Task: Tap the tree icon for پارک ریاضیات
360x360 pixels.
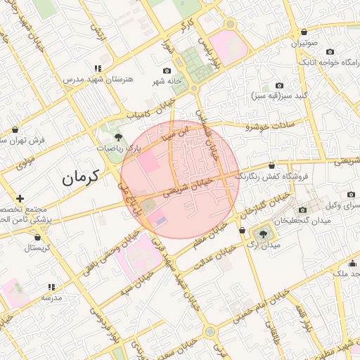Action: pyautogui.click(x=117, y=137)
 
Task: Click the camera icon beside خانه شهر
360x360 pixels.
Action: pyautogui.click(x=167, y=71)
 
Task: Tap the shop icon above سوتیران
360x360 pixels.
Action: pyautogui.click(x=304, y=32)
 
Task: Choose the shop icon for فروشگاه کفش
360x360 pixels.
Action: pyautogui.click(x=271, y=166)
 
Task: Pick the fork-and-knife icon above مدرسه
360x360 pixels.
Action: pyautogui.click(x=51, y=287)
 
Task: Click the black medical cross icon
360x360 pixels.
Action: pyautogui.click(x=20, y=199)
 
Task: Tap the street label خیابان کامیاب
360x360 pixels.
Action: pyautogui.click(x=150, y=110)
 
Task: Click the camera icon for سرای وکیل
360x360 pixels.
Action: pyautogui.click(x=351, y=194)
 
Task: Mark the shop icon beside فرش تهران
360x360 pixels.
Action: pyautogui.click(x=15, y=129)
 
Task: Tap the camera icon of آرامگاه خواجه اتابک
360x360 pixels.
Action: pyautogui.click(x=330, y=52)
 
